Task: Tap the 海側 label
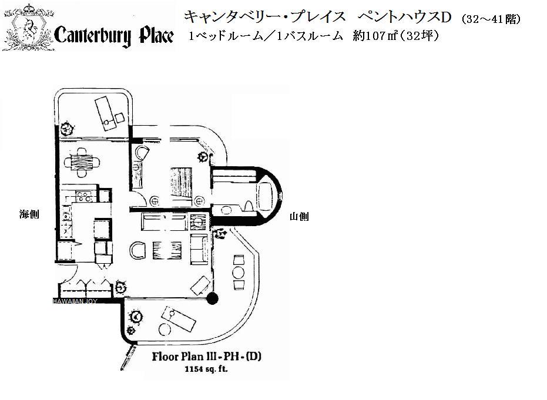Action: [x=29, y=214]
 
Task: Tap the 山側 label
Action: [x=299, y=217]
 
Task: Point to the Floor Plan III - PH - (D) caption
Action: [x=207, y=357]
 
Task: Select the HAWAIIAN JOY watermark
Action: [x=75, y=301]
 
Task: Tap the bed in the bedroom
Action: [x=182, y=184]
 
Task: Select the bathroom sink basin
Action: [x=226, y=210]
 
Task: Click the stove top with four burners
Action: [x=83, y=196]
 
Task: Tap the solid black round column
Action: [x=212, y=298]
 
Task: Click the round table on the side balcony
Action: [x=239, y=272]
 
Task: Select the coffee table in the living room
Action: [x=167, y=249]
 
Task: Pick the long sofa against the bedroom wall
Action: [x=164, y=222]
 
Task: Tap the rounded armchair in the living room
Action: [x=138, y=250]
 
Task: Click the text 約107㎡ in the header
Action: [x=376, y=36]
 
